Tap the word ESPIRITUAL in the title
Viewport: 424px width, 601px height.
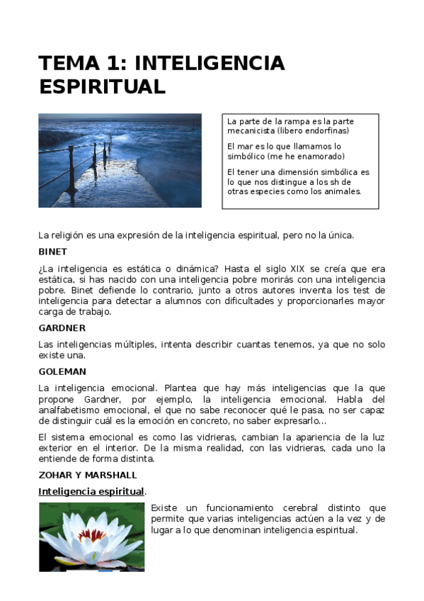[102, 86]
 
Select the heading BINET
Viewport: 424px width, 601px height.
[53, 252]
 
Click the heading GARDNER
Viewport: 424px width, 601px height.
[62, 328]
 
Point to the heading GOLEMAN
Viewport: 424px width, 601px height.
[62, 371]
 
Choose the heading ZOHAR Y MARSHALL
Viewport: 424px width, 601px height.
[88, 475]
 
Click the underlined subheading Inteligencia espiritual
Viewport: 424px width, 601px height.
[91, 491]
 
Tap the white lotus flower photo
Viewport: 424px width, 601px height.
[91, 537]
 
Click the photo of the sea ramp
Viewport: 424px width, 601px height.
[120, 160]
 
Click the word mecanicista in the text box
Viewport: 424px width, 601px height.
[251, 131]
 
